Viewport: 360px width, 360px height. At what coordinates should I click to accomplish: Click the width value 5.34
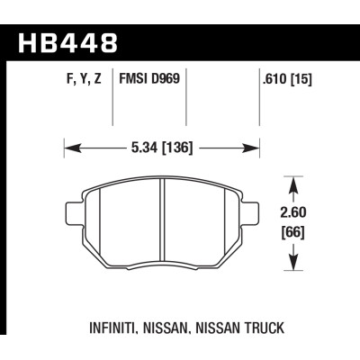tap(143, 145)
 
